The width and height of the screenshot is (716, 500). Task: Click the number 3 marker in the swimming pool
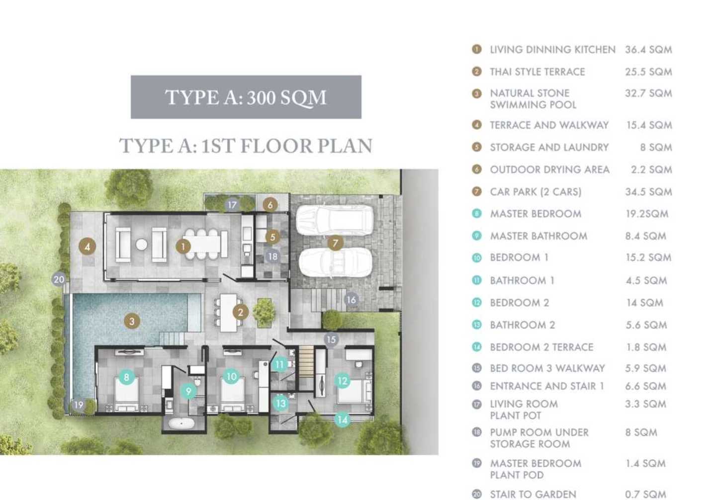pyautogui.click(x=132, y=321)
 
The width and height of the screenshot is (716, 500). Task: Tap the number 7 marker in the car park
pyautogui.click(x=335, y=244)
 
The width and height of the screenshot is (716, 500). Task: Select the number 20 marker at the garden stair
pyautogui.click(x=59, y=279)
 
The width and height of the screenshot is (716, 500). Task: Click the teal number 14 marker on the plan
pyautogui.click(x=342, y=419)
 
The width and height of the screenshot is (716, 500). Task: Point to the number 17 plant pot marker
pyautogui.click(x=232, y=205)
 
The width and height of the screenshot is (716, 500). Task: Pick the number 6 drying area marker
pyautogui.click(x=270, y=205)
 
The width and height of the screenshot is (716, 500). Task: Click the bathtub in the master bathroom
pyautogui.click(x=181, y=423)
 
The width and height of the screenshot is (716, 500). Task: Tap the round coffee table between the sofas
pyautogui.click(x=141, y=245)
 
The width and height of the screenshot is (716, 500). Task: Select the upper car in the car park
pyautogui.click(x=334, y=220)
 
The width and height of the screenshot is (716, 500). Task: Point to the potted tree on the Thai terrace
pyautogui.click(x=264, y=312)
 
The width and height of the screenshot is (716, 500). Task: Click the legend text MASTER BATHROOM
pyautogui.click(x=538, y=236)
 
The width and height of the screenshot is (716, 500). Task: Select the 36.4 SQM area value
pyautogui.click(x=648, y=50)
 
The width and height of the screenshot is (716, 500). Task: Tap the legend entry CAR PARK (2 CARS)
pyautogui.click(x=536, y=192)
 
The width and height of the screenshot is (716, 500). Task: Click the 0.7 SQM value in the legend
pyautogui.click(x=645, y=494)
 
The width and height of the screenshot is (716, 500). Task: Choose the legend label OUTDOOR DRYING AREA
pyautogui.click(x=550, y=169)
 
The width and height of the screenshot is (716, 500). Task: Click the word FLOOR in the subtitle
pyautogui.click(x=276, y=146)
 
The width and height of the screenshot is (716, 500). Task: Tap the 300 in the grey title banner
pyautogui.click(x=261, y=98)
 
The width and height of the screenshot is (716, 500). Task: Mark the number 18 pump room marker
pyautogui.click(x=272, y=256)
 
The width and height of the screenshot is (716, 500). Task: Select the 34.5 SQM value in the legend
pyautogui.click(x=648, y=192)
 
